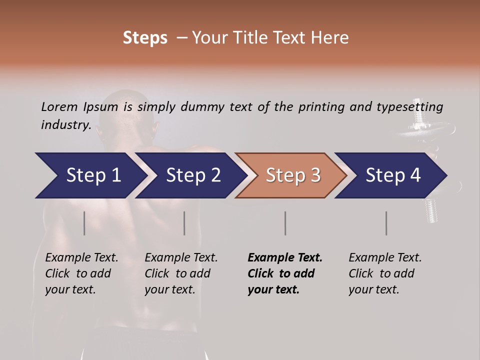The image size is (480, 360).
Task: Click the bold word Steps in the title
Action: (x=145, y=38)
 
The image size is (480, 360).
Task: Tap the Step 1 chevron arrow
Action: (x=90, y=175)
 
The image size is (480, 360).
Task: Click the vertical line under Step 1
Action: (x=84, y=223)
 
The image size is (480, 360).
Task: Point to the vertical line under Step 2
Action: (x=184, y=223)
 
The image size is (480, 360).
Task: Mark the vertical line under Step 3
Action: (x=285, y=223)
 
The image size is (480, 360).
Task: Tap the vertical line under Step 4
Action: (x=386, y=223)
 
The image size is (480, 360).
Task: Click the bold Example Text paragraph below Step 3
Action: (x=285, y=273)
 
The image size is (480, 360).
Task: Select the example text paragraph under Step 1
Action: (x=81, y=273)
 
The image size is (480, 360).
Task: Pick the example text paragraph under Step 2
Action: (x=181, y=273)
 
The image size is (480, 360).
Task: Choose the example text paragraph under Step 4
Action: (x=385, y=273)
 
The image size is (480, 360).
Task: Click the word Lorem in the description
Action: (x=59, y=106)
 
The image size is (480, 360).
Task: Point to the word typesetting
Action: (x=409, y=107)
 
